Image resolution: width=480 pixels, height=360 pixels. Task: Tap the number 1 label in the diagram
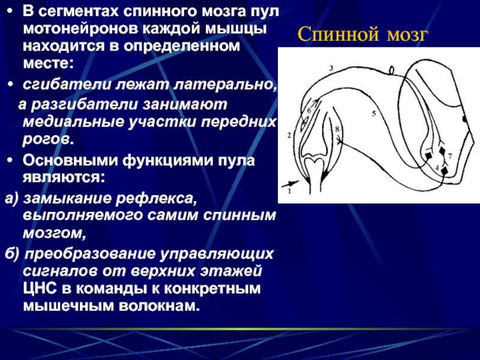click(x=289, y=191)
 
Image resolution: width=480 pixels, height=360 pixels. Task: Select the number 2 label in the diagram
click(x=331, y=68)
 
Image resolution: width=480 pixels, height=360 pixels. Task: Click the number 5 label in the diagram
click(x=374, y=113)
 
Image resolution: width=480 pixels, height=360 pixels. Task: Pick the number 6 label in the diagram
click(x=309, y=110)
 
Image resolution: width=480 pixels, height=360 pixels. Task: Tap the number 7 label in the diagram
click(x=449, y=157)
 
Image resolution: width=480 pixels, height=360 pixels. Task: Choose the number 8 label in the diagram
click(x=337, y=129)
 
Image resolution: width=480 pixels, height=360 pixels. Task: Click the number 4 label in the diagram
click(x=437, y=168)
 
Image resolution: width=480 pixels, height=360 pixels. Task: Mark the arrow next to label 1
click(x=290, y=184)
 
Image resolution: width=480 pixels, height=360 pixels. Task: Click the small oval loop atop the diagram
click(x=392, y=70)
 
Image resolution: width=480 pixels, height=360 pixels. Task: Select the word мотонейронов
click(x=82, y=29)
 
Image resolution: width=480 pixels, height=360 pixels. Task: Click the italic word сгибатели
click(x=67, y=84)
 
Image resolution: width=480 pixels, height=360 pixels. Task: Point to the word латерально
click(x=226, y=85)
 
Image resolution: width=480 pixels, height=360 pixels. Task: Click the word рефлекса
click(x=156, y=199)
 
